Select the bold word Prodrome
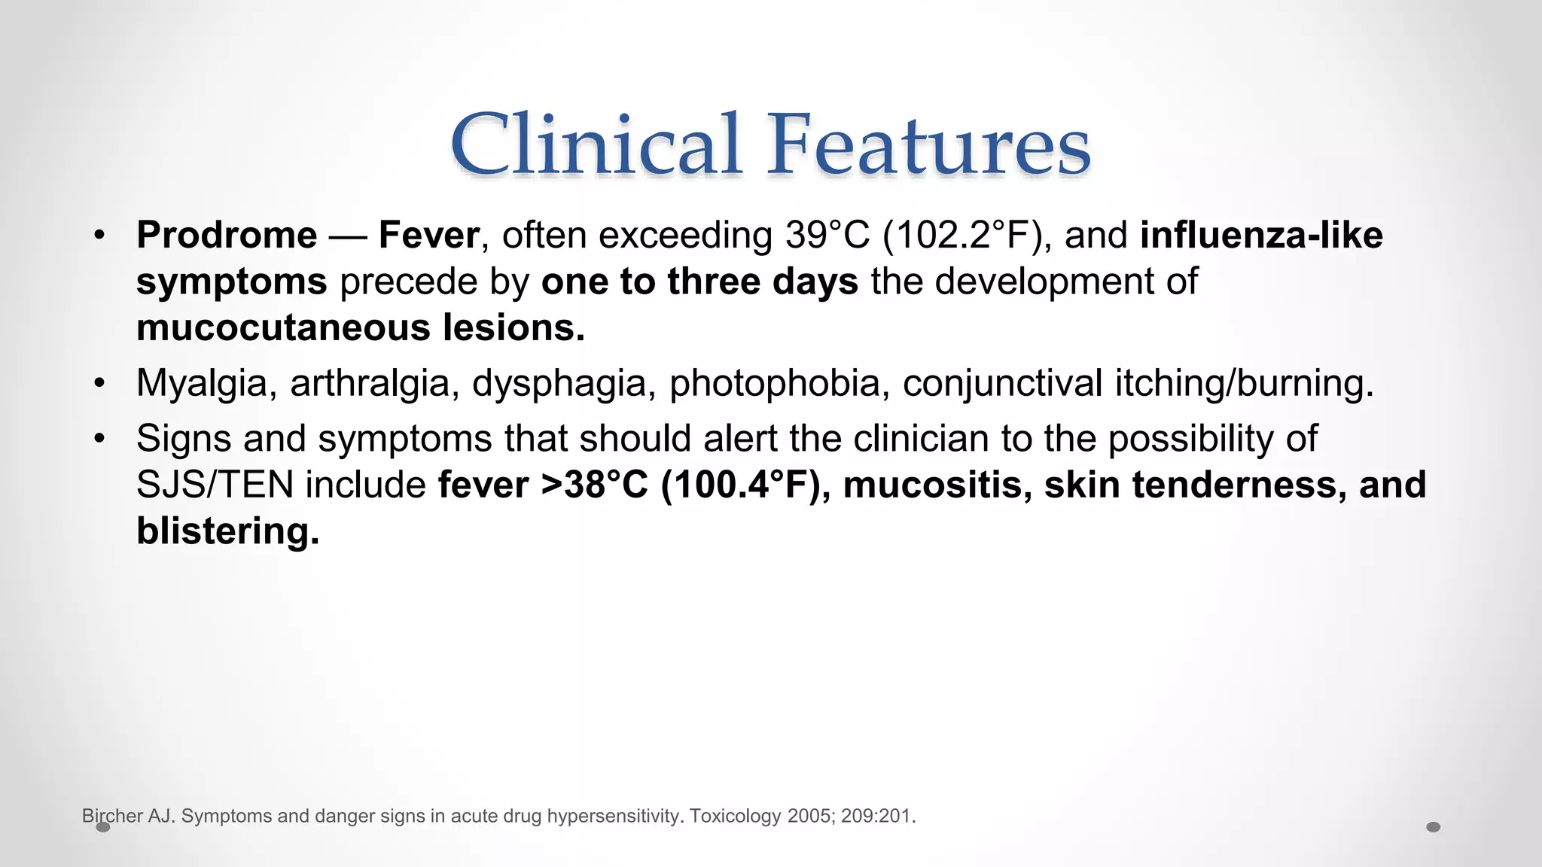[227, 235]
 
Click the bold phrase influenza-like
[1261, 235]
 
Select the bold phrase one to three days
[699, 281]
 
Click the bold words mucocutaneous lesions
[360, 327]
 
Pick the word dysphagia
[559, 382]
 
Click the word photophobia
[775, 382]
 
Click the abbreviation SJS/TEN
[215, 484]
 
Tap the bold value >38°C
[594, 484]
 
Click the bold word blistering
[227, 531]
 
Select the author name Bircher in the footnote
[112, 816]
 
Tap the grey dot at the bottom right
[1433, 827]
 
